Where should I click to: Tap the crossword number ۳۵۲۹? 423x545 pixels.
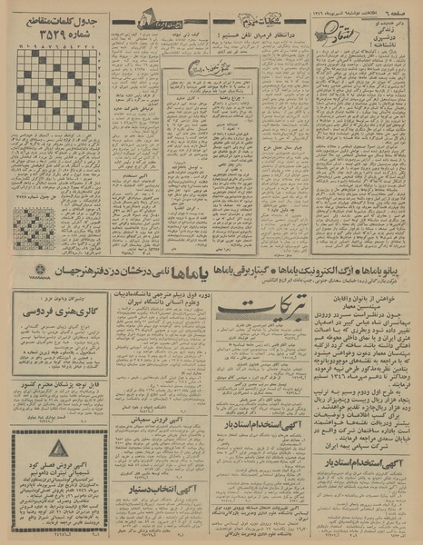pos(46,35)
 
